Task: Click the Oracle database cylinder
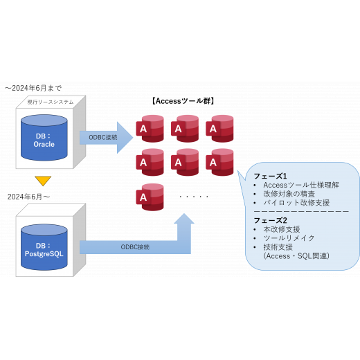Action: pyautogui.click(x=44, y=138)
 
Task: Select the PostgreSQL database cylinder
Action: pyautogui.click(x=44, y=247)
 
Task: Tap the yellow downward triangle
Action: pyautogui.click(x=43, y=181)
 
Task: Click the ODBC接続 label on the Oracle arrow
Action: pyautogui.click(x=103, y=138)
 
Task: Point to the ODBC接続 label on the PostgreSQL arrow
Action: pyautogui.click(x=135, y=247)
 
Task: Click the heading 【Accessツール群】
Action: pyautogui.click(x=183, y=101)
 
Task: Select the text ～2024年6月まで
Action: pyautogui.click(x=33, y=88)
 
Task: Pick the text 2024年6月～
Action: pyautogui.click(x=28, y=197)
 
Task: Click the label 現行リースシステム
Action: pyautogui.click(x=51, y=102)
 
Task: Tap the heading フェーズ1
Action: pyautogui.click(x=270, y=176)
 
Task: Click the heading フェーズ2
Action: pyautogui.click(x=270, y=220)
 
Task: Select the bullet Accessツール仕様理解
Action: pyautogui.click(x=301, y=185)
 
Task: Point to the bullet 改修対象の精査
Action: pyautogui.click(x=289, y=194)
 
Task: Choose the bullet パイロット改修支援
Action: pyautogui.click(x=296, y=203)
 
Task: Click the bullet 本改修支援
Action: pyautogui.click(x=282, y=229)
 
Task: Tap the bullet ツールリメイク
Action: pyautogui.click(x=289, y=238)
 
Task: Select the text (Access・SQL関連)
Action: pyautogui.click(x=296, y=256)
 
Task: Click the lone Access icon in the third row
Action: pyautogui.click(x=150, y=197)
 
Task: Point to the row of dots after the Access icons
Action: pyautogui.click(x=194, y=197)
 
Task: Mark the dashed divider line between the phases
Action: pyautogui.click(x=301, y=211)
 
